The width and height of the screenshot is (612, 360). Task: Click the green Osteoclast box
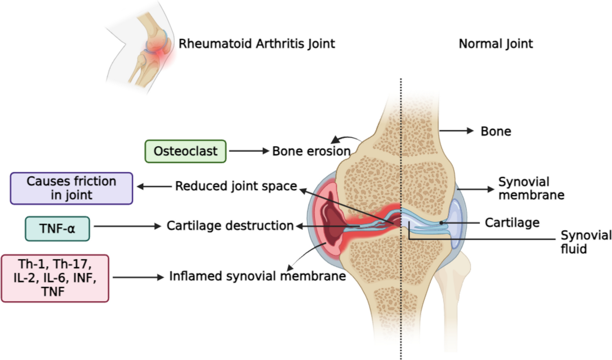pos(185,151)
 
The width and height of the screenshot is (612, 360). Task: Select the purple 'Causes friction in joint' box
pos(71,188)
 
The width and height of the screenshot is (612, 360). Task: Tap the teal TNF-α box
pos(57,229)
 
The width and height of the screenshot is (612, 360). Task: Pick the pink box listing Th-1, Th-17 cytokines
pos(55,278)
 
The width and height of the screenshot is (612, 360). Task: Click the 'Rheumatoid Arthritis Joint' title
pos(257,44)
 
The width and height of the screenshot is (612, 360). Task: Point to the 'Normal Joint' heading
pos(495,44)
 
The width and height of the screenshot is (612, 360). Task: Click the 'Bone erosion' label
pos(311,151)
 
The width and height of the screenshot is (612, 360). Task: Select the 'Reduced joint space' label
pos(236,186)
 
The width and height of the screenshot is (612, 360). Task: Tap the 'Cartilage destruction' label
pos(230,226)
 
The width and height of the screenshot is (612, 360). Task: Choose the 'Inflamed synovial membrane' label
pos(257,276)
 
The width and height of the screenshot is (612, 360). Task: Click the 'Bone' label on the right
pos(495,131)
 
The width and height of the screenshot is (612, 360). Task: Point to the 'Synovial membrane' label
pos(531,188)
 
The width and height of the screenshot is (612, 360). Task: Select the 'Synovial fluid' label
pos(586,242)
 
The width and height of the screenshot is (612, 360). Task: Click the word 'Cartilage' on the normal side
pos(512,223)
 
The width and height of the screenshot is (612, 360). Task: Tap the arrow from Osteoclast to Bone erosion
pos(249,151)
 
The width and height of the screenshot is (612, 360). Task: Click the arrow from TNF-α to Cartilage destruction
pos(127,227)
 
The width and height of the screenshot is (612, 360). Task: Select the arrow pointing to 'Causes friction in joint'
pos(154,186)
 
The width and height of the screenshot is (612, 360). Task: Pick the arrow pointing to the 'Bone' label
pos(456,131)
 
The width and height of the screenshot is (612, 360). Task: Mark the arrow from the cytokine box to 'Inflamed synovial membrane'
pos(138,277)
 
